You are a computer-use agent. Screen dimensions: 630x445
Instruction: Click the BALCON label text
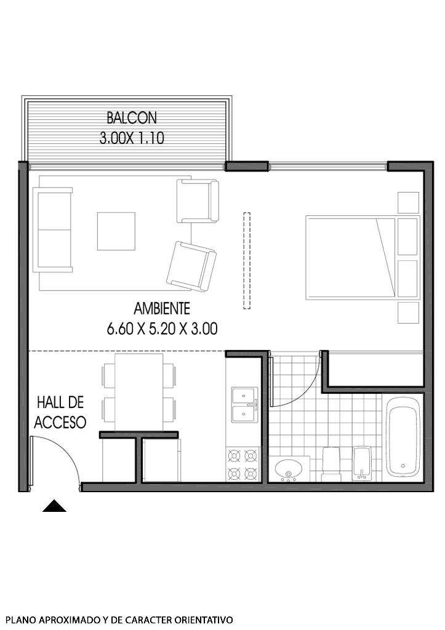132,117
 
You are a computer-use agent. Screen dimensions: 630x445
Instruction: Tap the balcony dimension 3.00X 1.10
132,138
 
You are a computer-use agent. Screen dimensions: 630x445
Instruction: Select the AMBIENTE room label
162,309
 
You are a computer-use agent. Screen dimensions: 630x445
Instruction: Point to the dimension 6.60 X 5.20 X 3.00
162,329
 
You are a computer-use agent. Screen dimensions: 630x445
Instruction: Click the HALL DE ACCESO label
60,412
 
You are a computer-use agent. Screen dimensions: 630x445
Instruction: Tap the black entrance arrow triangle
54,506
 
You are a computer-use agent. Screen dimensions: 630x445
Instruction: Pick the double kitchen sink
244,404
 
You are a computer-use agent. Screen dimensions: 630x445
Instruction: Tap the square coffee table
116,231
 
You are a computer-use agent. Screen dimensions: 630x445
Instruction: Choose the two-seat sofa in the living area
53,230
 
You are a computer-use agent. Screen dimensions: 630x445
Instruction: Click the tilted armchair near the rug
191,265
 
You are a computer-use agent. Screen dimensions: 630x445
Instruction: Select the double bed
351,257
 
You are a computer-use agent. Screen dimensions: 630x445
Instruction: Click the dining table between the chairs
139,392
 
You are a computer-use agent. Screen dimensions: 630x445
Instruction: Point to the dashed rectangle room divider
247,260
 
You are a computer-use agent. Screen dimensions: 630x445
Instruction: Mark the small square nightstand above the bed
408,202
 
